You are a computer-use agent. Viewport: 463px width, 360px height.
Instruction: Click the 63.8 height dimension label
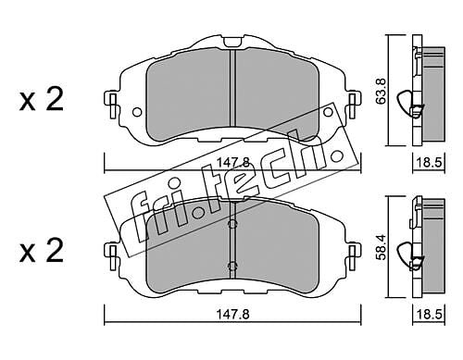pyautogui.click(x=382, y=92)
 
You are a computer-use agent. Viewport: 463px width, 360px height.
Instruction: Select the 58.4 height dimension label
pyautogui.click(x=382, y=247)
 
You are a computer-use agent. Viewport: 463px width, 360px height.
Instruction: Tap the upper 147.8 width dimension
pyautogui.click(x=232, y=162)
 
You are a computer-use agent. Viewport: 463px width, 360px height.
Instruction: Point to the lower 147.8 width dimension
pyautogui.click(x=232, y=315)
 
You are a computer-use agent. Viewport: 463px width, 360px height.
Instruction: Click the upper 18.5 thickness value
pyautogui.click(x=430, y=162)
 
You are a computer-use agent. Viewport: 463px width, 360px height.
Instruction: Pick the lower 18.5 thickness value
pyautogui.click(x=430, y=315)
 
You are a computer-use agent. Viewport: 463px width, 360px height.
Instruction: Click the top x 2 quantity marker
pyautogui.click(x=42, y=99)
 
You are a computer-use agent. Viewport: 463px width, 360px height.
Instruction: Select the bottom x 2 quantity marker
pyautogui.click(x=42, y=251)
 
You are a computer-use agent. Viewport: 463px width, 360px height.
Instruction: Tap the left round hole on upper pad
pyautogui.click(x=137, y=112)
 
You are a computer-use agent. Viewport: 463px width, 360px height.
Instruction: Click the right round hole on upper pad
pyautogui.click(x=328, y=112)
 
